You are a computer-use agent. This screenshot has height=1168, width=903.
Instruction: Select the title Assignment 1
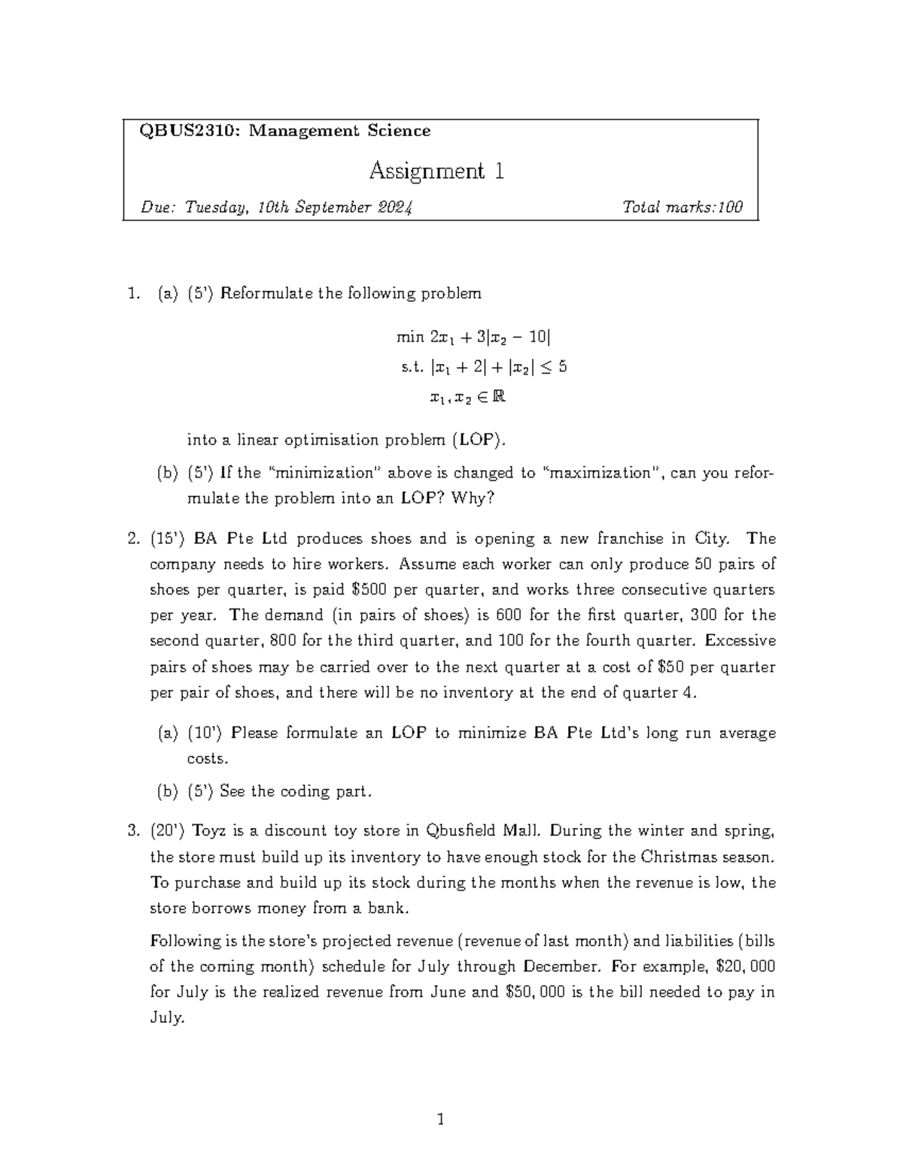coord(436,171)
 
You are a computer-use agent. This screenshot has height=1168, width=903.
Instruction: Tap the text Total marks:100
coord(683,208)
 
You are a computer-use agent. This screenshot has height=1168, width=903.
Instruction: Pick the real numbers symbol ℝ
coord(498,397)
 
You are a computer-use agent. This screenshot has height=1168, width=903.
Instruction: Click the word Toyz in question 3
coord(208,831)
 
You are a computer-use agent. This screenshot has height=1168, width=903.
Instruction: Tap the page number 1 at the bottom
coord(441,1121)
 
